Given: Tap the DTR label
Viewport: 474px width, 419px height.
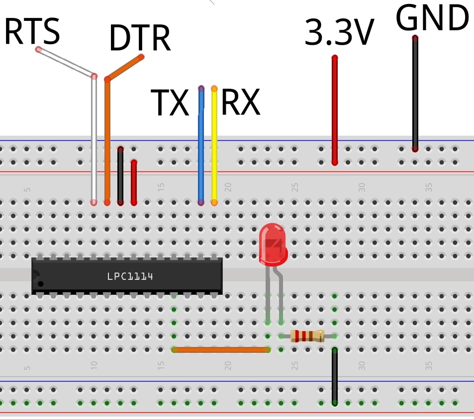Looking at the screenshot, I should point(140,38).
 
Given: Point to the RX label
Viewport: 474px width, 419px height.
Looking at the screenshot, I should point(240,103).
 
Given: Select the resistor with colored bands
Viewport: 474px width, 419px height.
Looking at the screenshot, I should point(307,336).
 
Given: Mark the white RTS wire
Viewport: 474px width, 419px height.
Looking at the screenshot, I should point(94,144).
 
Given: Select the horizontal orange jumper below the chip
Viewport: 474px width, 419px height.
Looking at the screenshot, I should point(221,349).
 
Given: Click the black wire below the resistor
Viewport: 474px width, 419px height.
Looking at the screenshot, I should point(335,376).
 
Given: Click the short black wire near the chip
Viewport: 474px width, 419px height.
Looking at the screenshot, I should point(120,176).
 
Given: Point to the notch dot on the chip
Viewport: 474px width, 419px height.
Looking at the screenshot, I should point(41,284).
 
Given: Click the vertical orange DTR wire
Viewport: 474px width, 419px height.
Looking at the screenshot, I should point(107,144).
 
